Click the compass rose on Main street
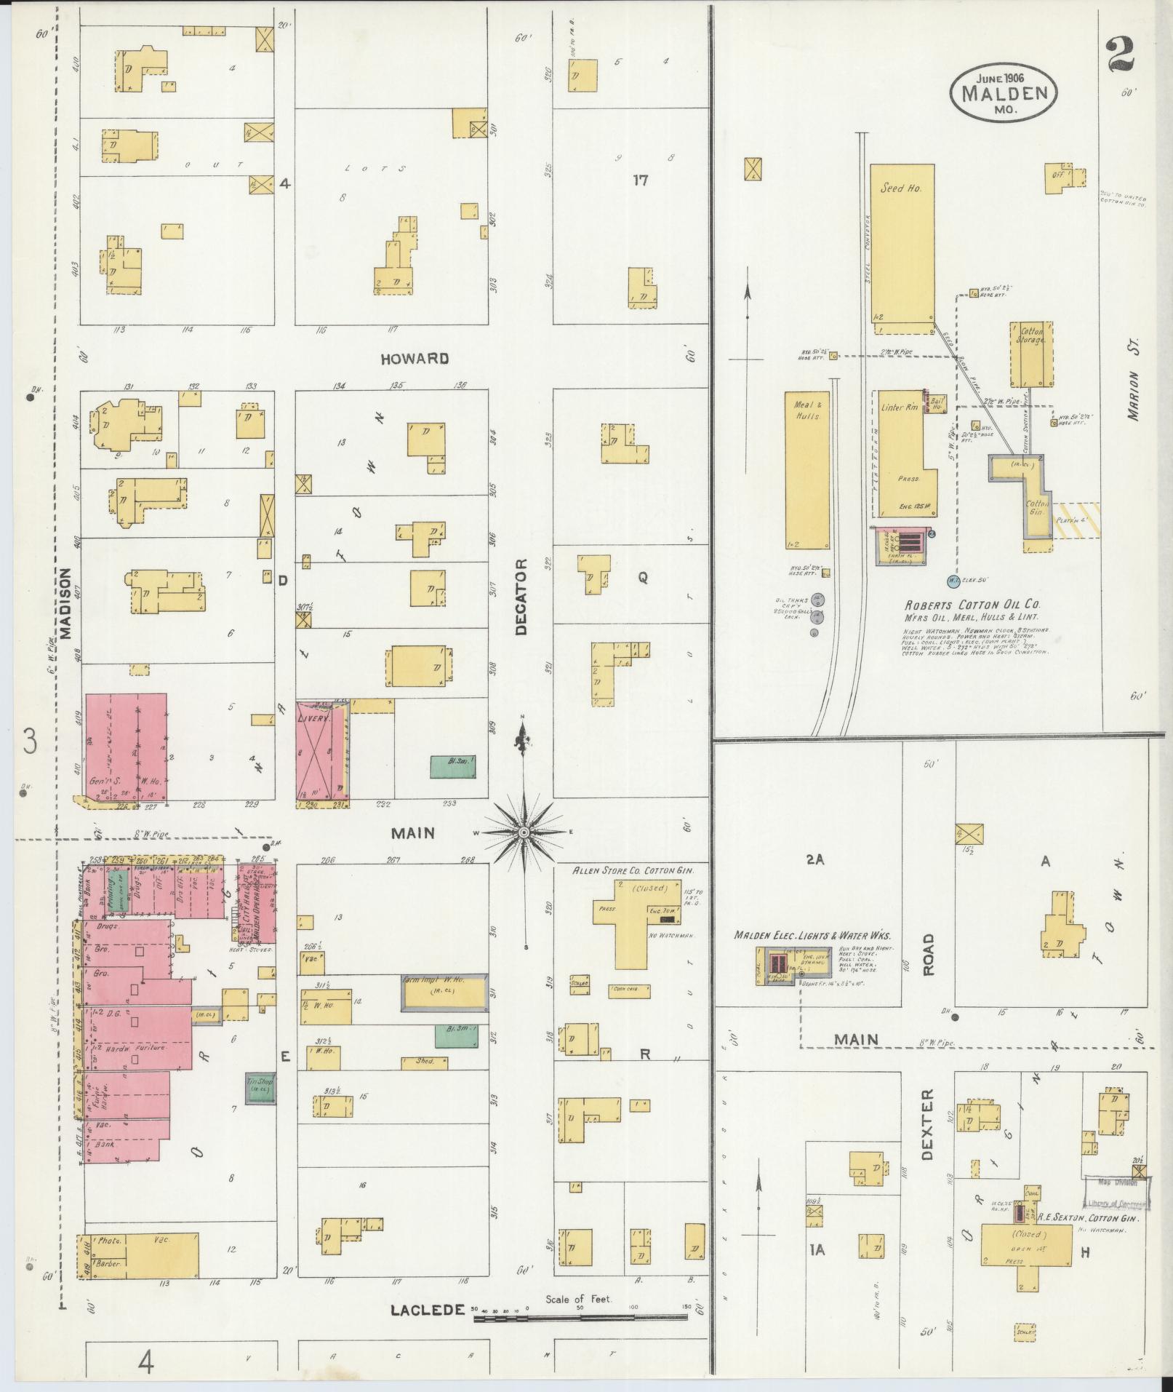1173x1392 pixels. coord(524,831)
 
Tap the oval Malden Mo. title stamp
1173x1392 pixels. coord(1004,93)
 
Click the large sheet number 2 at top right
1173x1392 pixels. coord(1120,55)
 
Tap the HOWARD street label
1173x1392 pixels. coord(414,358)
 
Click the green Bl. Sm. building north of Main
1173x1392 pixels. coord(454,765)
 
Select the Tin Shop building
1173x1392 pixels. coord(260,1089)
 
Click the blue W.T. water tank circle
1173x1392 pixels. coord(953,580)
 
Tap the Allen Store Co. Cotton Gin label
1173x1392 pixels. coord(630,870)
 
